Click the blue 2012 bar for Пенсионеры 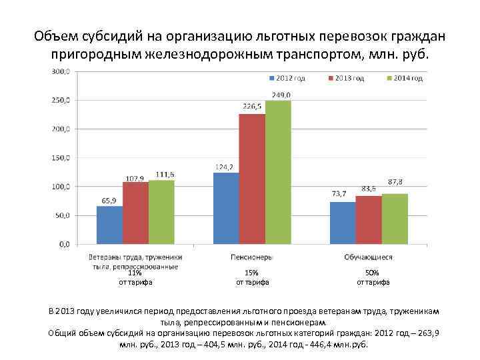coord(225,208)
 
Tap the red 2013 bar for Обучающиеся coord(368,220)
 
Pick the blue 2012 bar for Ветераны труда coord(109,225)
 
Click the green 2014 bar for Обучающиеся coord(395,219)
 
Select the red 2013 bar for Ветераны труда coord(135,213)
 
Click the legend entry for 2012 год coord(289,79)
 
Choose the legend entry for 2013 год coord(347,79)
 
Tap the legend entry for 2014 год coord(405,79)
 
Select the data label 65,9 coord(109,200)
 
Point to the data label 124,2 coord(225,167)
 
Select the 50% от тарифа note coord(373,277)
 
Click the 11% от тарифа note coord(135,277)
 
